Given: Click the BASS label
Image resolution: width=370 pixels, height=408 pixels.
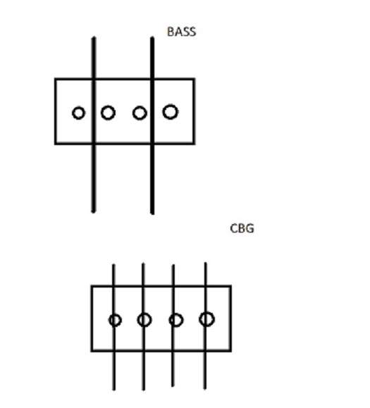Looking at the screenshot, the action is [x=181, y=32].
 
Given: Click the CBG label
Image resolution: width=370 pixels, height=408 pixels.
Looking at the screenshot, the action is [x=242, y=228].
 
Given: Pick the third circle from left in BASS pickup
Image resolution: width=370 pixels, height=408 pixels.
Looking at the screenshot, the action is [x=140, y=106].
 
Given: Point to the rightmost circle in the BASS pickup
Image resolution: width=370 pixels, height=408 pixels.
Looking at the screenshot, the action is [x=171, y=105].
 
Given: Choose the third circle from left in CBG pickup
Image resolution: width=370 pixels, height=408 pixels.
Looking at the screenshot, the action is [x=176, y=314].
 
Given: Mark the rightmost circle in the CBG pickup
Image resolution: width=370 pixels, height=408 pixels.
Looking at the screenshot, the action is [x=207, y=312].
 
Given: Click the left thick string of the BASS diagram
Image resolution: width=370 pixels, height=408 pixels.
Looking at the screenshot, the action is [x=94, y=125].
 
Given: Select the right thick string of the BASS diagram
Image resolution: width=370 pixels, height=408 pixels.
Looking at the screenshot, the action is [x=152, y=125].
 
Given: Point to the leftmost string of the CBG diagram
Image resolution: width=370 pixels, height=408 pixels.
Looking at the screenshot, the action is [x=113, y=328].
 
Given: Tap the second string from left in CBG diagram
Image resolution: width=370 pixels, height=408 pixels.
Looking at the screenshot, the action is [x=143, y=327].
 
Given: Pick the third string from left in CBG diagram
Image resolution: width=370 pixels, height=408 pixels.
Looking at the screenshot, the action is [x=173, y=326].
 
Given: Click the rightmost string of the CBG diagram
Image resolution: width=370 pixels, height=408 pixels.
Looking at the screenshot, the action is [x=206, y=326].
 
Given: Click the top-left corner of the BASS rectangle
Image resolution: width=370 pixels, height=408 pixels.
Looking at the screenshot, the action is [x=56, y=79].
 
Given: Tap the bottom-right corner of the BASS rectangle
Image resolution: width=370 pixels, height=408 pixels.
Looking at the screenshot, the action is [x=194, y=143].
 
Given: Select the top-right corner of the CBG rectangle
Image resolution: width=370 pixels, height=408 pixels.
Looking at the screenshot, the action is [x=230, y=286].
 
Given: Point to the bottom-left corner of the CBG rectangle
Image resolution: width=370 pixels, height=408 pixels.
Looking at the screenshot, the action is [x=92, y=351].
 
